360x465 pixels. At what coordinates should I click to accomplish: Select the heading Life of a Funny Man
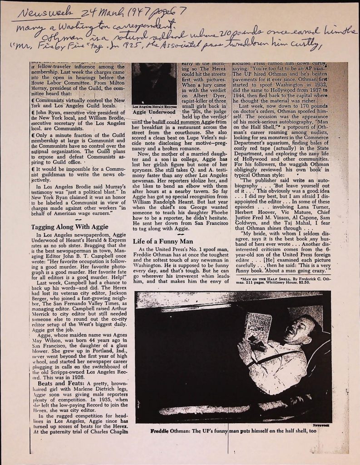[166, 241]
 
